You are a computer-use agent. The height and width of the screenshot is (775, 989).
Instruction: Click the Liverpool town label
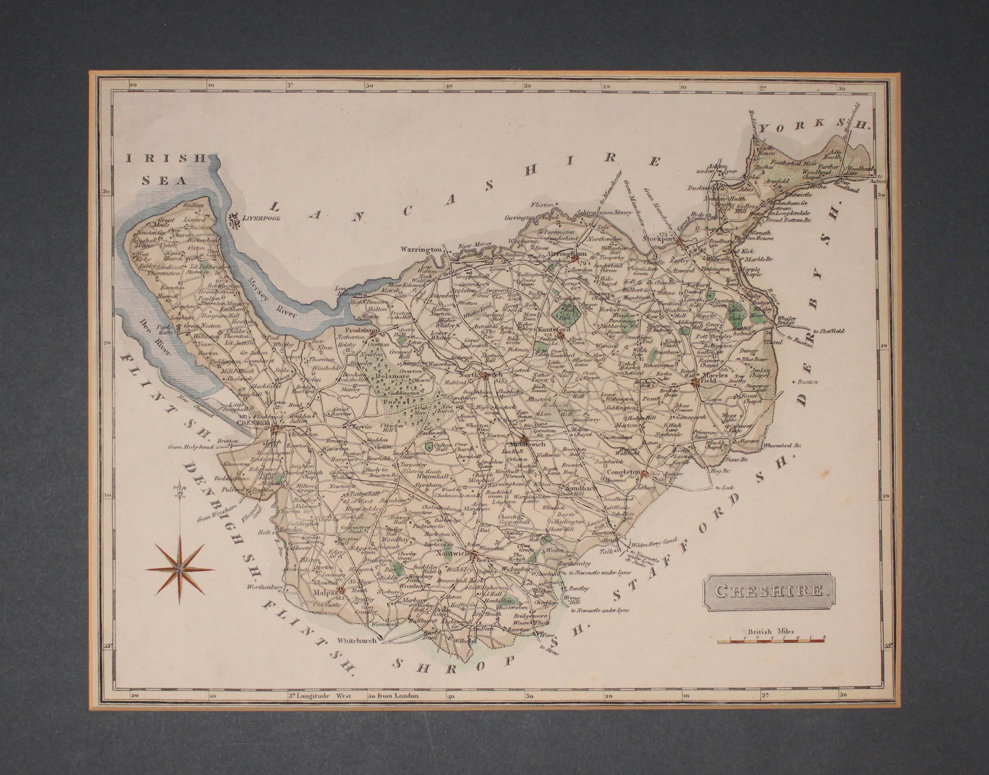262,218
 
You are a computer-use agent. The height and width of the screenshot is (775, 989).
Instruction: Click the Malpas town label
325,592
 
